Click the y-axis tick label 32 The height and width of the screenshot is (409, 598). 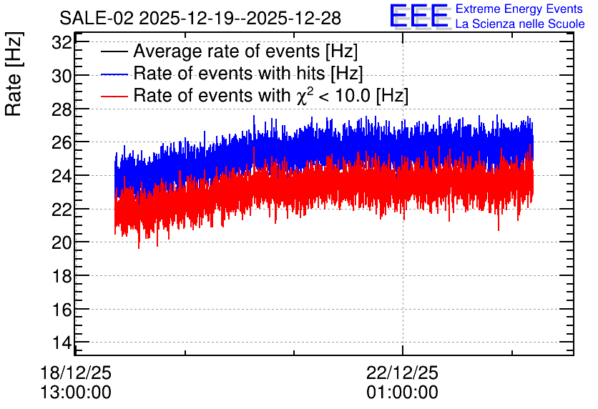pos(62,43)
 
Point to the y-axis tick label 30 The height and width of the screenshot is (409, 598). pos(62,77)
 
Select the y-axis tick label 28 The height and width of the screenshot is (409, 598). pos(62,109)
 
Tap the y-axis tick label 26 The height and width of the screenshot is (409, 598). pos(62,142)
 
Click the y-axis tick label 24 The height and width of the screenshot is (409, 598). pos(62,176)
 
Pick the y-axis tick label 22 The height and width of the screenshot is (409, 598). pos(62,210)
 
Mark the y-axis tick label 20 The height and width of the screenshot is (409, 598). pos(62,242)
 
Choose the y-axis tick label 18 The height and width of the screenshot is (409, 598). pos(62,276)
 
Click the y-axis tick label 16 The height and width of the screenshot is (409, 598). pos(62,309)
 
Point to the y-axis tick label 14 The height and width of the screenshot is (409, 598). pos(62,343)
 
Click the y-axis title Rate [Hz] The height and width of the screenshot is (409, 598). pos(14,74)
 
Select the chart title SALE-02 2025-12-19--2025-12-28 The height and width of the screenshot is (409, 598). pos(200,18)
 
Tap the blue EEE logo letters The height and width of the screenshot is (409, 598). pos(418,16)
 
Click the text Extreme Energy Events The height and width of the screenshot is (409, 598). pos(519,9)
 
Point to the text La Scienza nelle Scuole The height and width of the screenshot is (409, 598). pos(520,24)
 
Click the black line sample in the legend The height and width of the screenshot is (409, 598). pos(114,51)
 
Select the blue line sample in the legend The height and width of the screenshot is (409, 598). pos(114,74)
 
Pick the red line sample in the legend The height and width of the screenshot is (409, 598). pos(114,96)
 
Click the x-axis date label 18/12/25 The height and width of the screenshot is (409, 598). pos(76,373)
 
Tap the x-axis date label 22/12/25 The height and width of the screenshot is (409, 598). pos(402,373)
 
